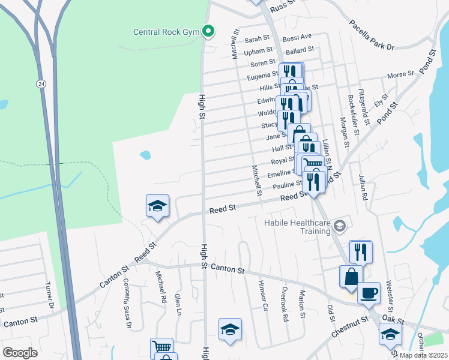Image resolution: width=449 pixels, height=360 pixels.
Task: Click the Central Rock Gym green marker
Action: (208, 31)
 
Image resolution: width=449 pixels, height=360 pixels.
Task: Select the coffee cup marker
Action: (369, 293)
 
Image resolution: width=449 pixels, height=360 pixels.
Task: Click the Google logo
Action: (19, 353)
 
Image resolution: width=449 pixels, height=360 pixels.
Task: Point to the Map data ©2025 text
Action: (423, 355)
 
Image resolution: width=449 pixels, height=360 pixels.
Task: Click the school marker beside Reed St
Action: (157, 206)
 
